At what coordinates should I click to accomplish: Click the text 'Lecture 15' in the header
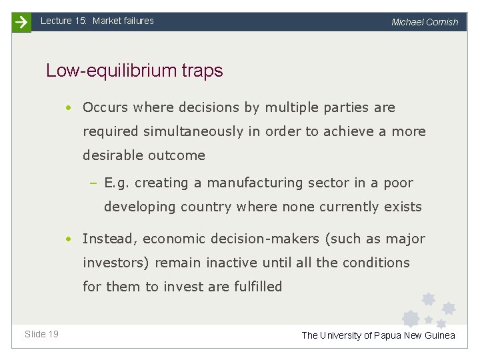click(64, 21)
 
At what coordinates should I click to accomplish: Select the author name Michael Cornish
click(425, 22)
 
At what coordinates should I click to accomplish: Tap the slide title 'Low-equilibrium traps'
click(134, 71)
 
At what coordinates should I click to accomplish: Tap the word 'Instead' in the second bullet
click(109, 239)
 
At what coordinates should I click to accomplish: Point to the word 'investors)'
click(117, 263)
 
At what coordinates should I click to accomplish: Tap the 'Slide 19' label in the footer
click(41, 334)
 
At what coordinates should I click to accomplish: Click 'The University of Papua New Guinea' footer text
click(378, 335)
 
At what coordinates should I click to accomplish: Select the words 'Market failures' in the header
click(123, 21)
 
